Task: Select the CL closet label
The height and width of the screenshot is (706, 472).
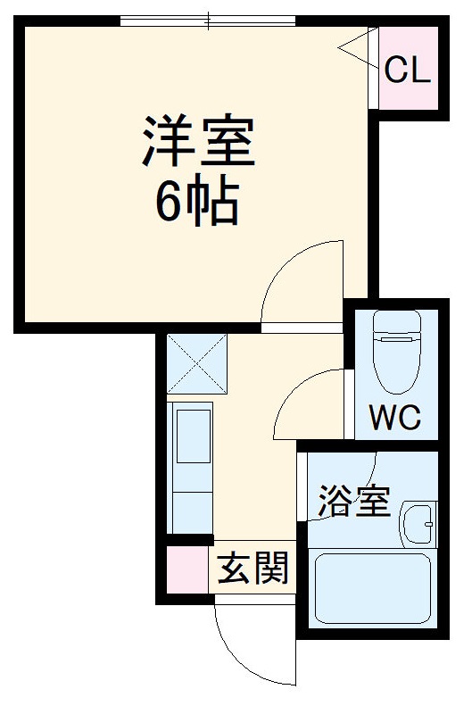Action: [x=408, y=71]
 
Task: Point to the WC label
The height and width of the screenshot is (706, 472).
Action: [x=396, y=418]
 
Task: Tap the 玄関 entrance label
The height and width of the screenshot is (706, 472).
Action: [x=254, y=567]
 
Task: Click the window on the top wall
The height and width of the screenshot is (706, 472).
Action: [x=208, y=20]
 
